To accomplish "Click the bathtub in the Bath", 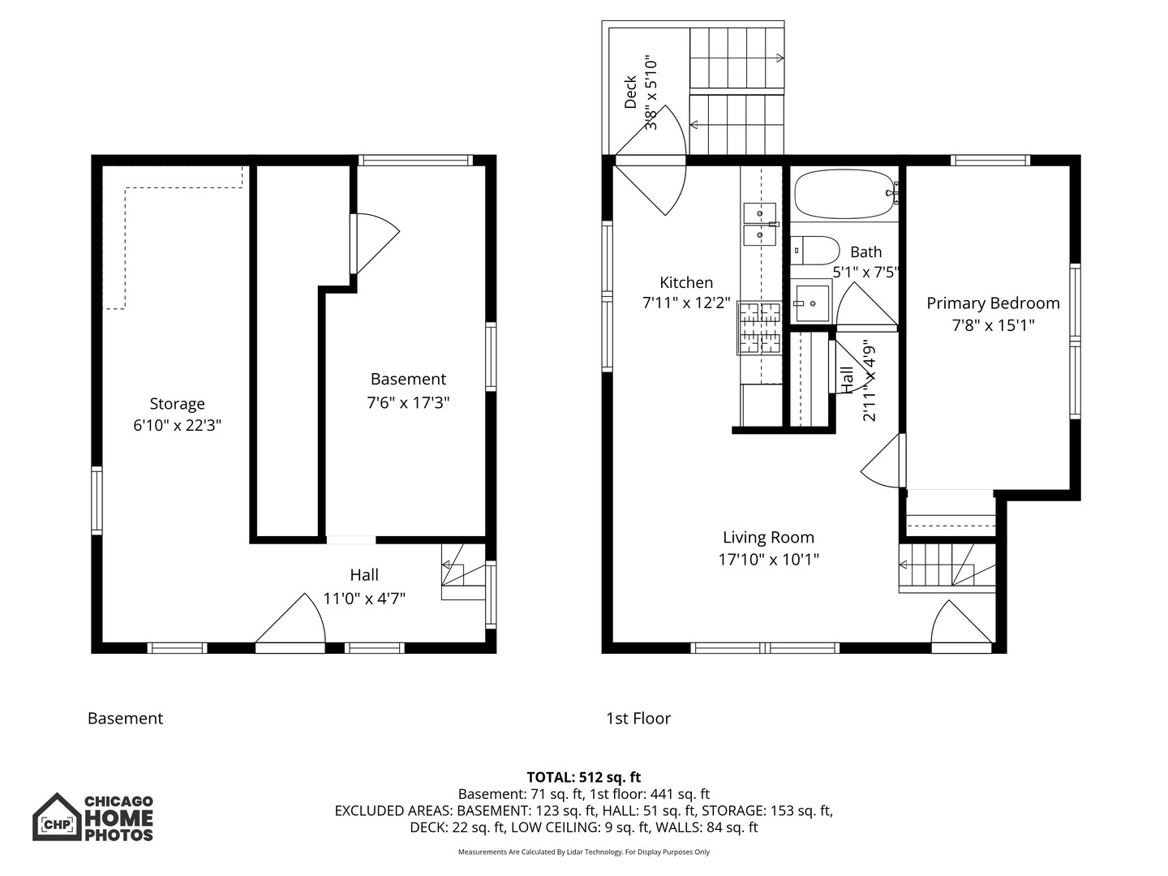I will (844, 194).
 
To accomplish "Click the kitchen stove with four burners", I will (759, 328).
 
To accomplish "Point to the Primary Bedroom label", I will (993, 303).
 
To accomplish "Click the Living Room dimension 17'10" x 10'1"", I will (768, 559).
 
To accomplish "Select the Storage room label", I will (177, 404).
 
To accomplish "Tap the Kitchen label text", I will (686, 282).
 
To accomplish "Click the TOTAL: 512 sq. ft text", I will (583, 777).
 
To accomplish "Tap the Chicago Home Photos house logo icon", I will (57, 818).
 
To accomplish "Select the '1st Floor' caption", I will (638, 718).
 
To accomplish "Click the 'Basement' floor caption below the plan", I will (125, 718).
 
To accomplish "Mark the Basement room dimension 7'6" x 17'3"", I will (408, 401).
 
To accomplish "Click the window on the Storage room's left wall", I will (97, 500).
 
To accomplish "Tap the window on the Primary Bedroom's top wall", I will (990, 160).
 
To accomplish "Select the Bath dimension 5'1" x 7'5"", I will (866, 273).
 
